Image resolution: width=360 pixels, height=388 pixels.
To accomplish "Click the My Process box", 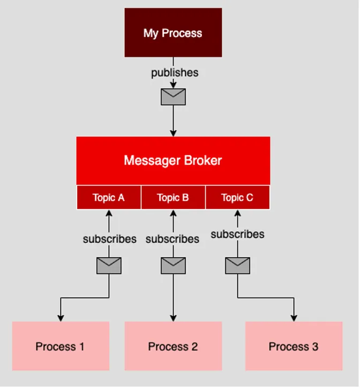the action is tap(173, 33).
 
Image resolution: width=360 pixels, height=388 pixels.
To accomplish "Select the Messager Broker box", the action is tap(173, 161).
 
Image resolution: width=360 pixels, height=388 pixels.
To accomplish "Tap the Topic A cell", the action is tap(109, 197).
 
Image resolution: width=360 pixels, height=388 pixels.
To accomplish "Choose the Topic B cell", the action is tap(173, 197).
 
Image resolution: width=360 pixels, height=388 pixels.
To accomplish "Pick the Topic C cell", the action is tap(237, 197).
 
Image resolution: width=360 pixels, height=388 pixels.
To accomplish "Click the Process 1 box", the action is tap(61, 346).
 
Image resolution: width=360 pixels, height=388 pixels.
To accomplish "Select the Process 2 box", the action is tap(173, 346).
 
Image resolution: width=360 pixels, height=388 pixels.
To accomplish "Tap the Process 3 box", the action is tap(294, 346).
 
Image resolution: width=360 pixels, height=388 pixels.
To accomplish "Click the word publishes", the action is tap(175, 73).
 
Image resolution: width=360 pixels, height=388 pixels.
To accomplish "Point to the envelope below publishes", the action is tap(173, 97).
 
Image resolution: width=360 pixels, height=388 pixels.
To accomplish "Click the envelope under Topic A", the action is tap(109, 266).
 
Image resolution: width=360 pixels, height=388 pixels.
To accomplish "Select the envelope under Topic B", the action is tap(173, 266).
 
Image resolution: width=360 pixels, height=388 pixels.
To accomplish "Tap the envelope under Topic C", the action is tap(237, 266).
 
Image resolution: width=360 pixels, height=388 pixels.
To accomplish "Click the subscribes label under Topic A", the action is tap(110, 239).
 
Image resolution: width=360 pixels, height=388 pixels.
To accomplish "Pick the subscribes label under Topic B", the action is tap(172, 239).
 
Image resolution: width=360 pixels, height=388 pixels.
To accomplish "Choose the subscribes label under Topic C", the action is tap(237, 234).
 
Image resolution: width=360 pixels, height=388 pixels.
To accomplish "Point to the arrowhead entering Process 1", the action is tap(61, 318).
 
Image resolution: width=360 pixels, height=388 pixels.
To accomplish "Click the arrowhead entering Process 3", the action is tap(294, 318).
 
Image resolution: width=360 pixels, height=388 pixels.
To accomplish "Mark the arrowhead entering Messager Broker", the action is tap(173, 133).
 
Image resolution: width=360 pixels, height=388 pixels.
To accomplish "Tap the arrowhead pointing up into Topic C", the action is tap(237, 213).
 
